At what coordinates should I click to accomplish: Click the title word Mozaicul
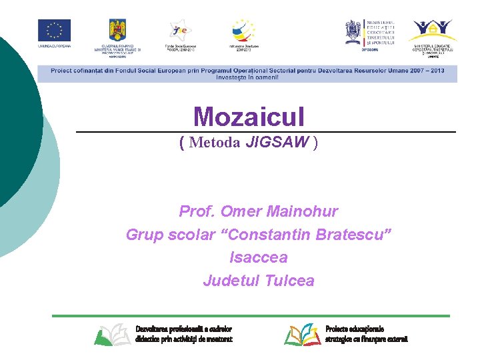click(249, 117)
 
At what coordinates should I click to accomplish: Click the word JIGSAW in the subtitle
click(277, 142)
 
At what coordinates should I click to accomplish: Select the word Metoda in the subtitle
click(215, 142)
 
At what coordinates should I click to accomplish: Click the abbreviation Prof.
click(197, 212)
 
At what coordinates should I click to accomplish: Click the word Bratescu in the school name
click(353, 235)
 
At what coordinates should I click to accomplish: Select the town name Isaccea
click(258, 257)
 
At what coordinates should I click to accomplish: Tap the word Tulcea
click(289, 281)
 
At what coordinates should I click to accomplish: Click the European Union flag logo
click(54, 31)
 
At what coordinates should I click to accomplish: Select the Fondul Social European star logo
click(180, 31)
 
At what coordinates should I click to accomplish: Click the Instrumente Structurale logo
click(243, 31)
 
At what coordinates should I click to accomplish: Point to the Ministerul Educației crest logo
click(353, 31)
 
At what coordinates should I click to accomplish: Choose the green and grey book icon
click(112, 334)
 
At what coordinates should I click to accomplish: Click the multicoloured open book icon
click(303, 334)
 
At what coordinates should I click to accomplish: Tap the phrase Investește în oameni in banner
click(247, 77)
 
